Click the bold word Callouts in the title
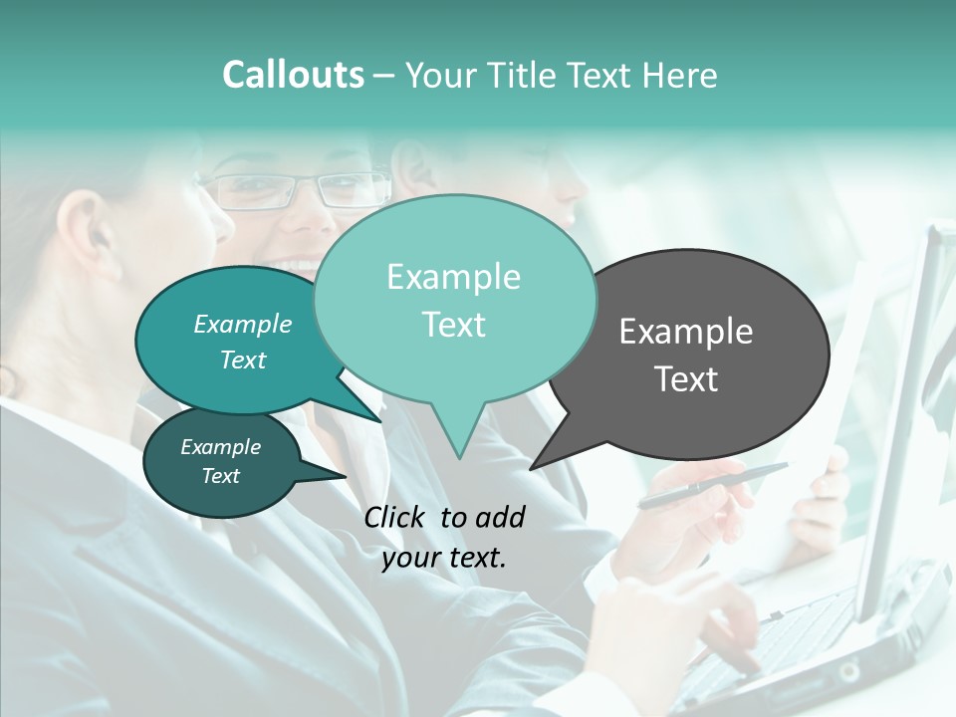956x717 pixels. (x=294, y=75)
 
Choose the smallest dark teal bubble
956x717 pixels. (x=221, y=462)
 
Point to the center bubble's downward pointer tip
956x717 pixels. (x=458, y=457)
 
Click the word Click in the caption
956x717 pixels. (x=395, y=517)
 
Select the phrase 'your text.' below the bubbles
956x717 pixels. (x=444, y=558)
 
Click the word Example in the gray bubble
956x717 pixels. (x=686, y=332)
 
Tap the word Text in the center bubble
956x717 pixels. (x=454, y=325)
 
